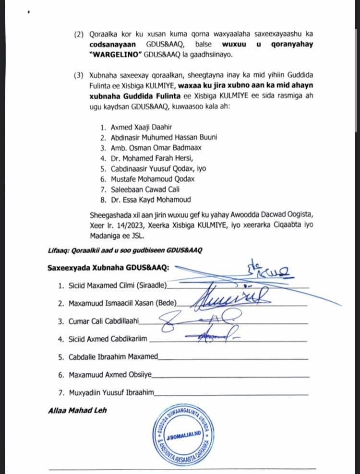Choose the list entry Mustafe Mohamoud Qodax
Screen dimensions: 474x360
click(x=146, y=178)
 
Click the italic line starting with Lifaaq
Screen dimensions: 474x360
click(x=125, y=250)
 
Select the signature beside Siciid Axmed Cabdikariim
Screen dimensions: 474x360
click(x=215, y=335)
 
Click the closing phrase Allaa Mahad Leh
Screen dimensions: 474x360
click(x=77, y=411)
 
